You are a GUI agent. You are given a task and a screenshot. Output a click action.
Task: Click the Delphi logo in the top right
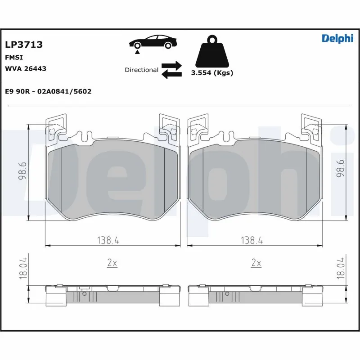pyautogui.click(x=337, y=39)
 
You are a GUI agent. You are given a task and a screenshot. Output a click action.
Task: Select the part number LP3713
pyautogui.click(x=23, y=45)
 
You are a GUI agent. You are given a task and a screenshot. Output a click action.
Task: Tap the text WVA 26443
pyautogui.click(x=25, y=68)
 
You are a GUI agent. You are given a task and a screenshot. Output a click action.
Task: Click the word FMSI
pyautogui.click(x=14, y=58)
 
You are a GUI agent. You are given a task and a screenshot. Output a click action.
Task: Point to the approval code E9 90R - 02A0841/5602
pyautogui.click(x=48, y=91)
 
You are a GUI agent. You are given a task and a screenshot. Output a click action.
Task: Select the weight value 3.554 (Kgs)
pyautogui.click(x=212, y=73)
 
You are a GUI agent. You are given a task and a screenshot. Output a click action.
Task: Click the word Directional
pyautogui.click(x=141, y=70)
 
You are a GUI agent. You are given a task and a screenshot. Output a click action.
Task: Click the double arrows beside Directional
pyautogui.click(x=171, y=70)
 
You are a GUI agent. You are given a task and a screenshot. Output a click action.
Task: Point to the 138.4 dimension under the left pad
pyautogui.click(x=108, y=241)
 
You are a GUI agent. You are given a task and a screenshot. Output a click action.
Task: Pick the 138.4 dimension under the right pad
pyautogui.click(x=252, y=241)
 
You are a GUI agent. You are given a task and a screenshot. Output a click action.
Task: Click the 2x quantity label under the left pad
pyautogui.click(x=112, y=263)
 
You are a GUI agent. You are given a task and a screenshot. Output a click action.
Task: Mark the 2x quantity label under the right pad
pyautogui.click(x=256, y=263)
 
